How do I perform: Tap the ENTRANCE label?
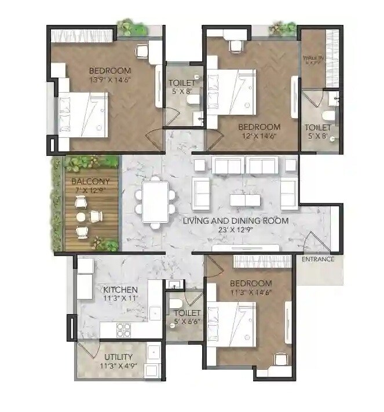click(318, 259)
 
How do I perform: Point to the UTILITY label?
click(118, 356)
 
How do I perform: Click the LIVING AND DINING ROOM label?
click(235, 221)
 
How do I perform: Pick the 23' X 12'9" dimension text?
click(236, 230)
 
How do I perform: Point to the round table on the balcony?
click(81, 217)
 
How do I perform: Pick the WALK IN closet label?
click(313, 59)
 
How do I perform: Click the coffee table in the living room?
click(245, 199)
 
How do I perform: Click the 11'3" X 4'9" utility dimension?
click(118, 366)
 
